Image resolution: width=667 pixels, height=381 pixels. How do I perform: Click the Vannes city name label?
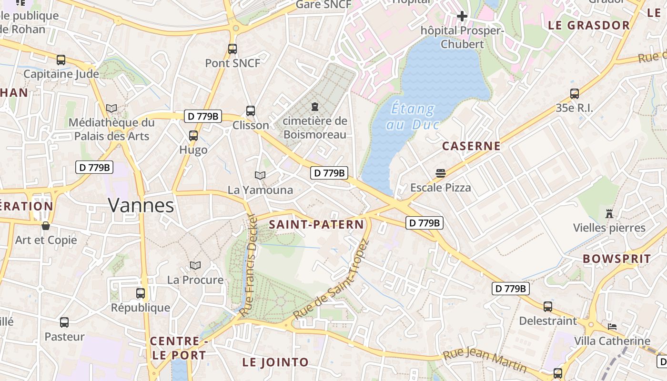tap(141, 205)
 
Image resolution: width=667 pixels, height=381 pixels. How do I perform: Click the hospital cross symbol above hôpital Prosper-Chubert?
tap(462, 16)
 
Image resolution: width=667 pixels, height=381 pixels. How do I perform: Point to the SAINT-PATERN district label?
tap(316, 225)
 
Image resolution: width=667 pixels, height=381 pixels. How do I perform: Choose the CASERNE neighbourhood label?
tap(471, 146)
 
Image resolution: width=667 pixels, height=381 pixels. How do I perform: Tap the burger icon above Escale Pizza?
tap(440, 173)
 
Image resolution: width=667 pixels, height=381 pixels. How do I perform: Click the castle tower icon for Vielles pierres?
tap(609, 213)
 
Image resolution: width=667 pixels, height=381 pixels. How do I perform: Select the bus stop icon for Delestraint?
tap(548, 307)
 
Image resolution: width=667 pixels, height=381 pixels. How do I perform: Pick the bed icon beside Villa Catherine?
tap(612, 327)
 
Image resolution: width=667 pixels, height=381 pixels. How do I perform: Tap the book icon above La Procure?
tap(195, 265)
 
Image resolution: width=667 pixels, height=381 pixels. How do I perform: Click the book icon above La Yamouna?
tap(260, 175)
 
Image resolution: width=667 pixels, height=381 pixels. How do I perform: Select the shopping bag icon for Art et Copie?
tap(46, 225)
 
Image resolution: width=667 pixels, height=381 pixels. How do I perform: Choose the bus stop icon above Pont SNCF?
tap(232, 49)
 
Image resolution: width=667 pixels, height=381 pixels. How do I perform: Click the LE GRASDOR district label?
tap(589, 26)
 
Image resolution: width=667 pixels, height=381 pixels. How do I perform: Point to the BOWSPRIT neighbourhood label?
tap(616, 259)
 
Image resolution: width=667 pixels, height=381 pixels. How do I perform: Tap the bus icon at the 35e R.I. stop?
tap(575, 94)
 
